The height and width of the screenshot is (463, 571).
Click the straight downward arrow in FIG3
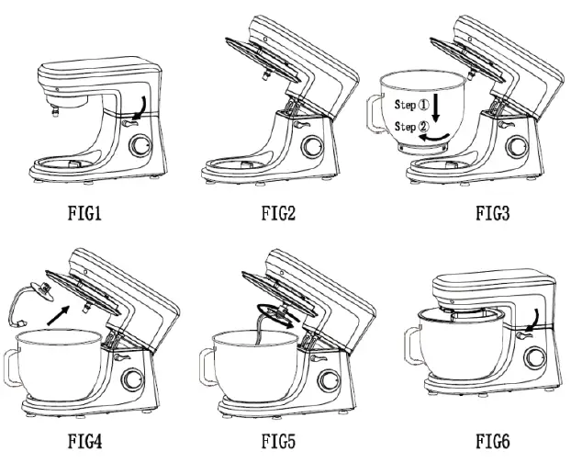(438, 108)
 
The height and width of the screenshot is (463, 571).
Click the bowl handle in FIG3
(386, 119)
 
